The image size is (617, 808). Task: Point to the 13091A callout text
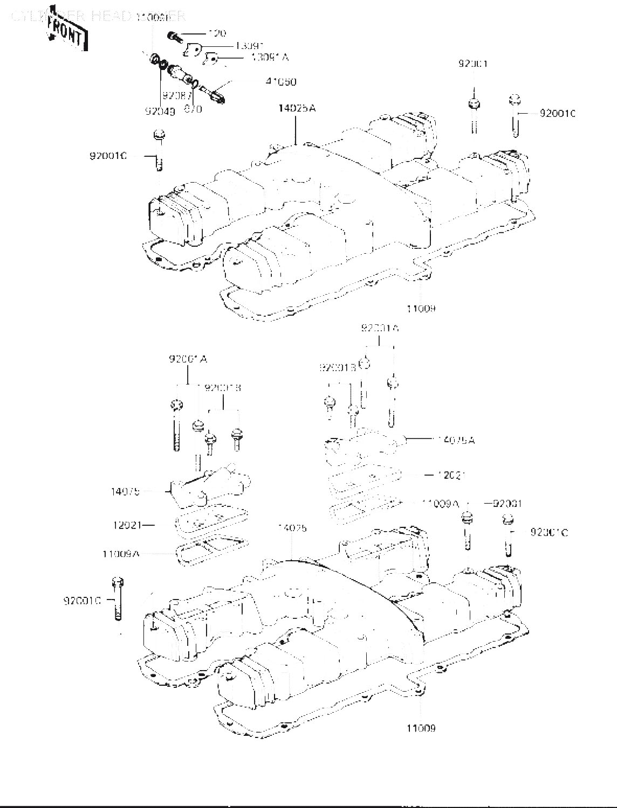pyautogui.click(x=270, y=58)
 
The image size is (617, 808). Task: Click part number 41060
pyautogui.click(x=280, y=82)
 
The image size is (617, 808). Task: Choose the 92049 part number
pyautogui.click(x=160, y=112)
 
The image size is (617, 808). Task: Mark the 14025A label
pyautogui.click(x=297, y=108)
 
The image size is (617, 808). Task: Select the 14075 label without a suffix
pyautogui.click(x=125, y=491)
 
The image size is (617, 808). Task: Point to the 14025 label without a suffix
pyautogui.click(x=292, y=528)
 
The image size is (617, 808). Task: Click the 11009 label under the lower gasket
pyautogui.click(x=421, y=728)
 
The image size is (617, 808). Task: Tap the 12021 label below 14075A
pyautogui.click(x=451, y=475)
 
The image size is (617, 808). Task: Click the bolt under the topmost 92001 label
pyautogui.click(x=475, y=114)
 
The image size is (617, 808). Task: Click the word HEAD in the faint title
pyautogui.click(x=111, y=16)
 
